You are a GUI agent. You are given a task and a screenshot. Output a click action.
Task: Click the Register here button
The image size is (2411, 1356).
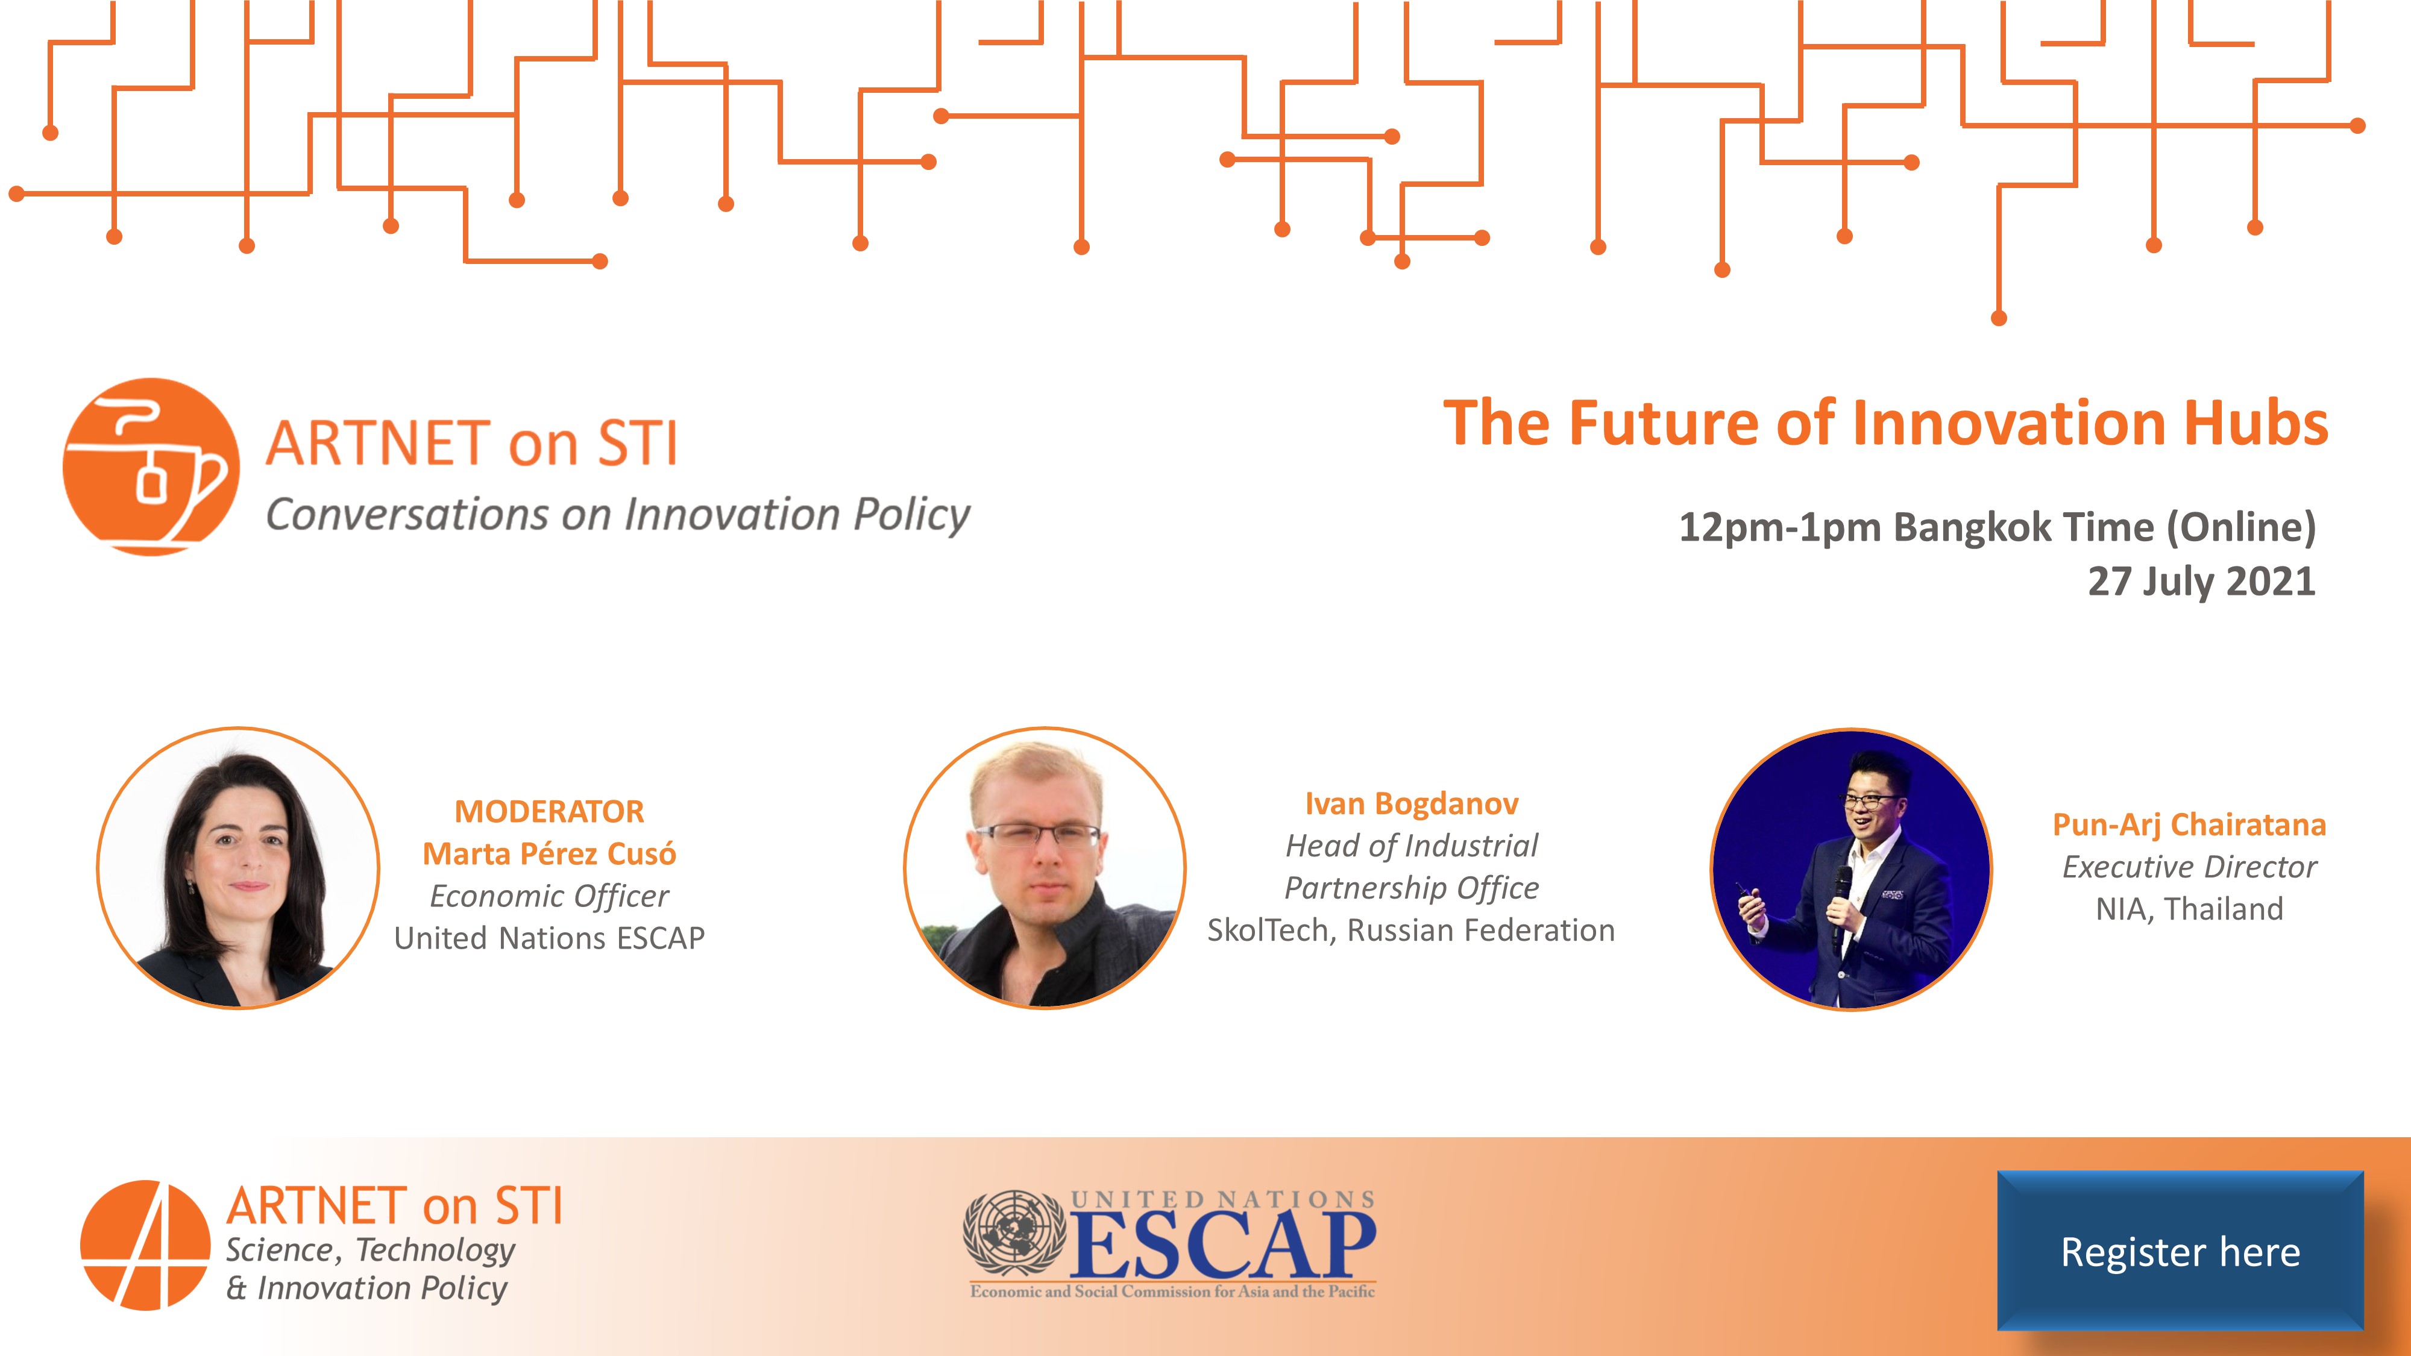pos(2181,1251)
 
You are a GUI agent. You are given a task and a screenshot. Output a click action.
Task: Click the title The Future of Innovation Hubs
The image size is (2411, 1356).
pos(1885,423)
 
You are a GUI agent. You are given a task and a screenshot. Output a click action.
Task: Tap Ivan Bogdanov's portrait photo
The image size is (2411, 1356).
pos(1045,868)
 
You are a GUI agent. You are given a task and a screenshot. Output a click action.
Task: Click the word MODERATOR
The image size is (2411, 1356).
pos(549,811)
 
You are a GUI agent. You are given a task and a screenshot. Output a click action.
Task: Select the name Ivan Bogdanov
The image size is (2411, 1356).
pos(1412,804)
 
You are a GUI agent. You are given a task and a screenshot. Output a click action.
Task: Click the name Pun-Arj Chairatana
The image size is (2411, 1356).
pos(2189,824)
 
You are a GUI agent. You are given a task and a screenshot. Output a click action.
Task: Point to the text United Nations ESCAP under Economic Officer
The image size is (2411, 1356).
pos(549,938)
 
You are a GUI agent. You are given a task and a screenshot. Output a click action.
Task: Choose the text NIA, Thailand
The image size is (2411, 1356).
pos(2189,909)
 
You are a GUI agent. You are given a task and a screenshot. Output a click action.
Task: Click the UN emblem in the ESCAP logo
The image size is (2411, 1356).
pos(1014,1234)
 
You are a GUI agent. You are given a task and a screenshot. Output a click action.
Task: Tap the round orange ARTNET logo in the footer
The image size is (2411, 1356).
pos(145,1245)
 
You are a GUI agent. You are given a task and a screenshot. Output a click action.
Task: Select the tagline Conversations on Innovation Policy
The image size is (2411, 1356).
pos(618,515)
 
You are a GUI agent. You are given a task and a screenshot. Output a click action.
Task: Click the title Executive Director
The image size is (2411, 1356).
pos(2189,867)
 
